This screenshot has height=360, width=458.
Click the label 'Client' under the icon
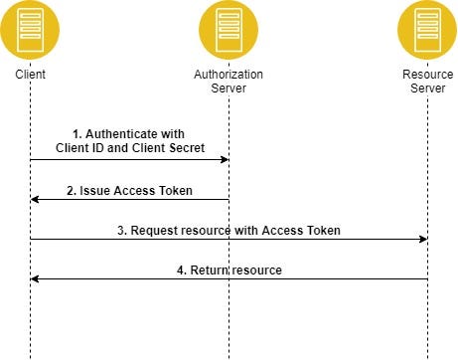click(30, 75)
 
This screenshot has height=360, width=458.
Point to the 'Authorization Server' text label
click(229, 82)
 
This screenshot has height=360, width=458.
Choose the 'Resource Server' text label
click(427, 82)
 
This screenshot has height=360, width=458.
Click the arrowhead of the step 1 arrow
click(225, 159)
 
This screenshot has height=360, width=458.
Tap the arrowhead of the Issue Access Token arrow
click(35, 199)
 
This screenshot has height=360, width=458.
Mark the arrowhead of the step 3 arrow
click(423, 239)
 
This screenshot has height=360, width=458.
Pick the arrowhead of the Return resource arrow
click(35, 278)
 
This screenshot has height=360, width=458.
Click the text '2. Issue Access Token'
click(129, 190)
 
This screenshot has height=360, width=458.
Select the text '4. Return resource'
click(229, 270)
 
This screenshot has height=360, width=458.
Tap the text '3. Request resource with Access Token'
click(229, 230)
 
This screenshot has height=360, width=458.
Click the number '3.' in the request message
click(122, 230)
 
